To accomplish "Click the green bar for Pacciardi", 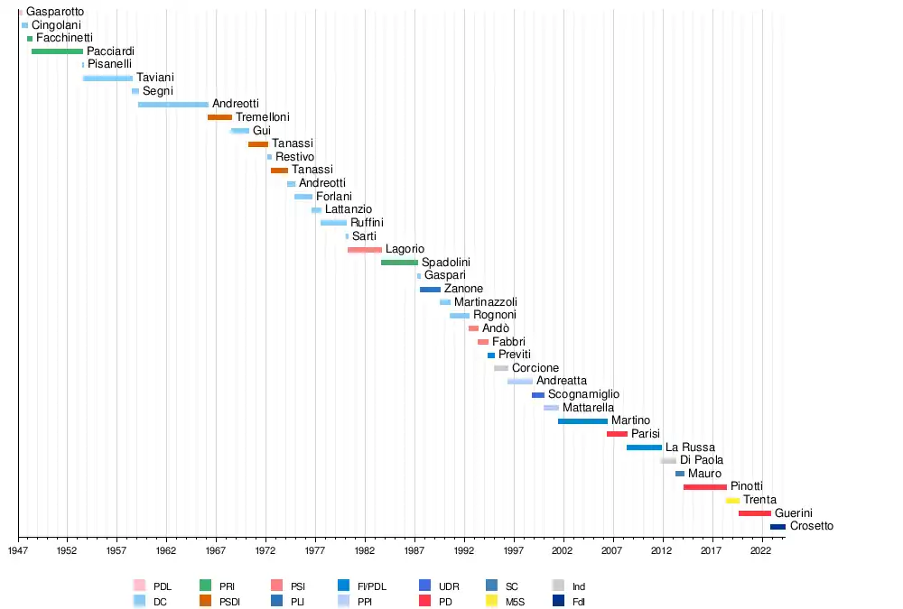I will (x=57, y=51).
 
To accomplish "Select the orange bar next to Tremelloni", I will (x=219, y=117).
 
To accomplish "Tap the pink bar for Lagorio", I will (x=364, y=249).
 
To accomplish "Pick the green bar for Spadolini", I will (x=399, y=263).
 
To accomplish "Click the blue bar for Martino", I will (x=582, y=421).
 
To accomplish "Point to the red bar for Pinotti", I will (x=704, y=487).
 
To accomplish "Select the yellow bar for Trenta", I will (x=732, y=500).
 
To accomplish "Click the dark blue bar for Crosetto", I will (x=777, y=527).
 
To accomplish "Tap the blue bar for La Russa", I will (x=644, y=448).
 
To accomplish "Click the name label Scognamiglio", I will (x=583, y=394).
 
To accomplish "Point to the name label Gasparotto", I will (x=55, y=12).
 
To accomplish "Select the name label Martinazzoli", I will (x=486, y=302).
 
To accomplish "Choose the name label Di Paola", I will (x=702, y=460).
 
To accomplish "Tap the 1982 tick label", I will (x=365, y=549).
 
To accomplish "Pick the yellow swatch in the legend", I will (x=492, y=601).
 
